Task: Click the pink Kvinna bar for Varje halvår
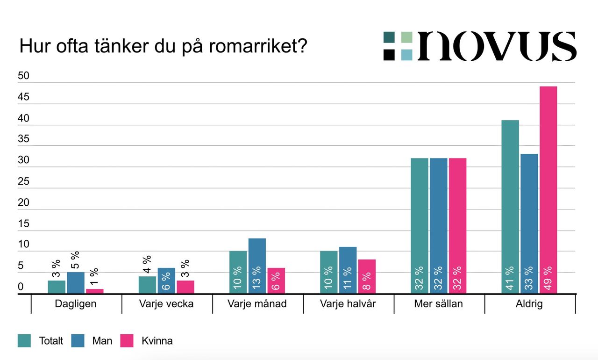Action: click(x=367, y=276)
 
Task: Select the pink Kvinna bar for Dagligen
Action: click(x=95, y=291)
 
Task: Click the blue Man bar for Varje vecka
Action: click(x=166, y=281)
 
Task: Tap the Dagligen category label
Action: click(x=76, y=304)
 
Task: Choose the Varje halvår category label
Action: click(x=348, y=304)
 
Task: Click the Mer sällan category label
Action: click(x=439, y=304)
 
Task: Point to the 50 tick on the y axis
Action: click(x=23, y=77)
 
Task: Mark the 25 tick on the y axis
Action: click(x=23, y=182)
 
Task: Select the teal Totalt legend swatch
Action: click(x=24, y=341)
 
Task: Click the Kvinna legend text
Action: click(x=157, y=341)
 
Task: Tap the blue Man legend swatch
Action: click(x=78, y=341)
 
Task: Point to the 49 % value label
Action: click(x=548, y=279)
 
